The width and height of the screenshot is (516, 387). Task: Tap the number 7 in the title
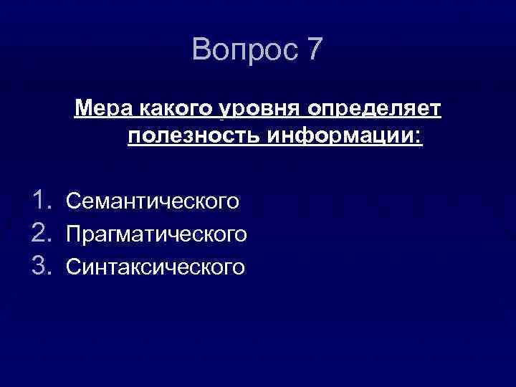314,50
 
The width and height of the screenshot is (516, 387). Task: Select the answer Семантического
153,201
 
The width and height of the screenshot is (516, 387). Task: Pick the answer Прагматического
157,234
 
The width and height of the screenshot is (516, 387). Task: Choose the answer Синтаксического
156,267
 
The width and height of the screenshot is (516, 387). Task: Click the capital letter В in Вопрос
202,50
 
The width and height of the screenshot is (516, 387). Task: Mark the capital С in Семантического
72,201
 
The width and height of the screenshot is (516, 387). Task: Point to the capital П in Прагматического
72,234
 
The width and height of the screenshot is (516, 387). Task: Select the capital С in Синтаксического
72,267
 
